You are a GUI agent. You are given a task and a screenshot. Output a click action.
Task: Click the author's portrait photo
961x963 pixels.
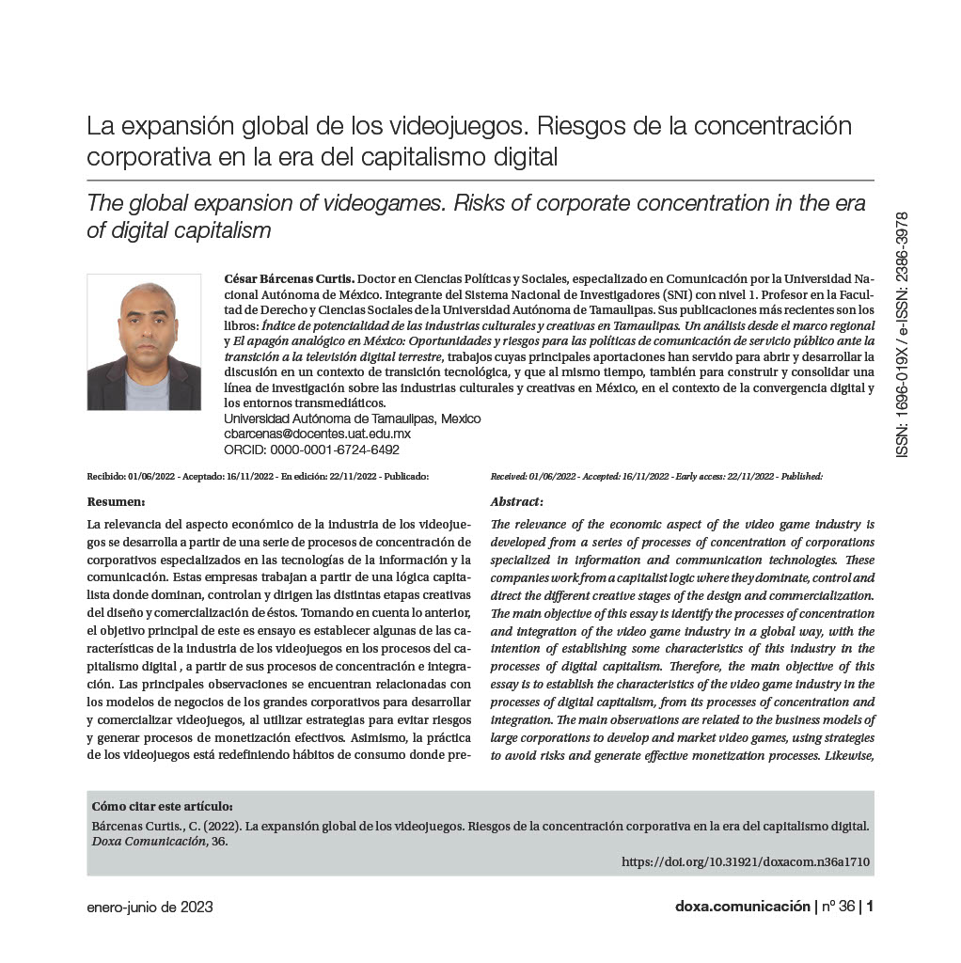click(144, 341)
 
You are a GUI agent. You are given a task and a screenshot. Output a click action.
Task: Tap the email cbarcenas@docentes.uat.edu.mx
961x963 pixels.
click(317, 434)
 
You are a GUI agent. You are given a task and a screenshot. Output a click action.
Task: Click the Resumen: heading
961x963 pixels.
click(115, 502)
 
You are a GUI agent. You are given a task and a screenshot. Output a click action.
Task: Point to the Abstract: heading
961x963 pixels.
click(517, 502)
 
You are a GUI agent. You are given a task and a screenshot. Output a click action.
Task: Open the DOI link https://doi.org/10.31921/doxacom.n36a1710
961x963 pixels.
click(746, 861)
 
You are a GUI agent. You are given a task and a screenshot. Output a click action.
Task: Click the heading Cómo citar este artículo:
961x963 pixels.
click(162, 807)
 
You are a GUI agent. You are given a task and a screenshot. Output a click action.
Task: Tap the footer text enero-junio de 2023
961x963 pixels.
click(150, 908)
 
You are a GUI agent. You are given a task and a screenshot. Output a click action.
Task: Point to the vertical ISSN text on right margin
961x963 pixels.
click(903, 334)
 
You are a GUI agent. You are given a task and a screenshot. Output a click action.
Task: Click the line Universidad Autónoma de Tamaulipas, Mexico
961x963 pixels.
click(353, 418)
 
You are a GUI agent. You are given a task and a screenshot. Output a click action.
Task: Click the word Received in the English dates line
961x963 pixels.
click(509, 476)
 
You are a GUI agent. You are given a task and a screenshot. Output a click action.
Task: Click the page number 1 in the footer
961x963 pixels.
click(870, 908)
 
